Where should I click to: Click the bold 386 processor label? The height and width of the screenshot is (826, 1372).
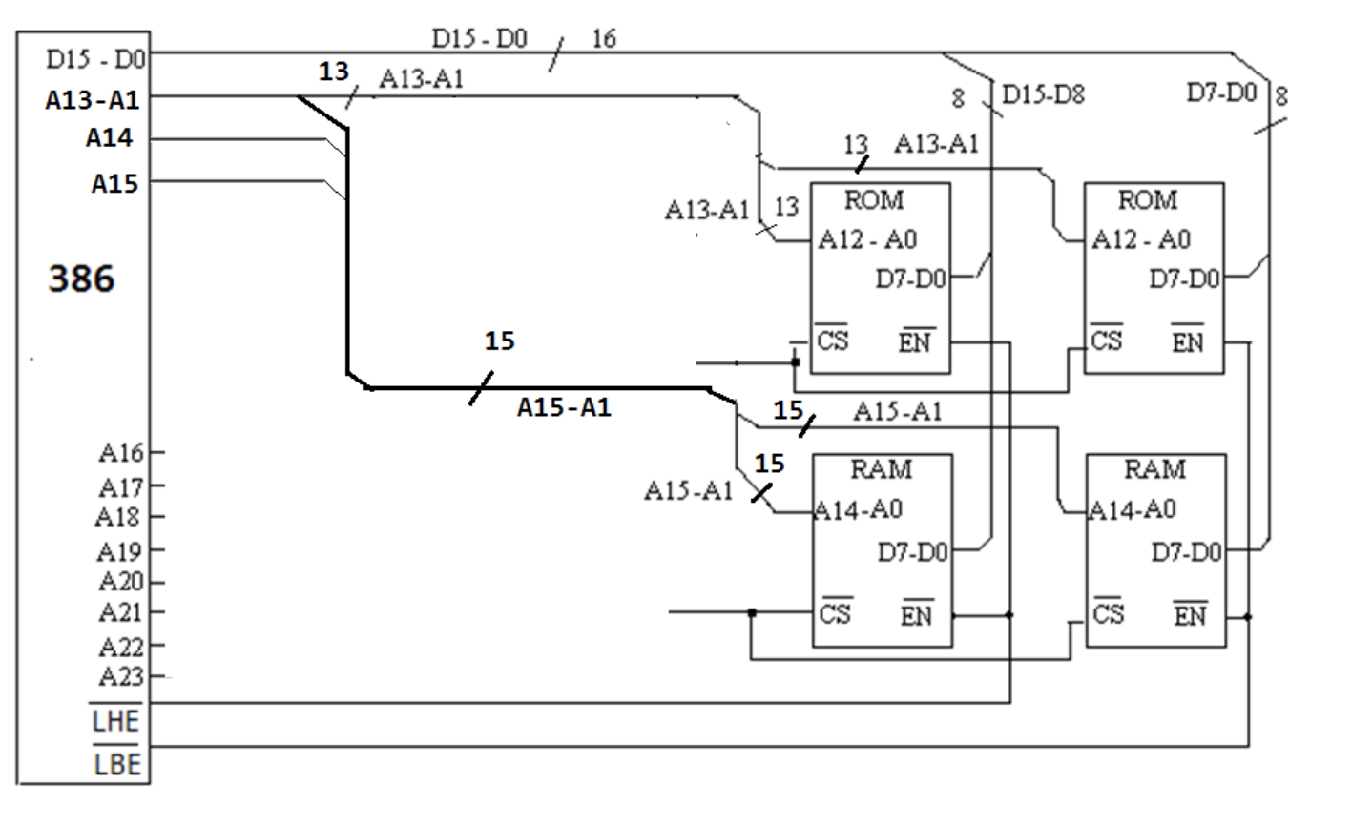(x=81, y=279)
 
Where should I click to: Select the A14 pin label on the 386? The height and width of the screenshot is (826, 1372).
(x=109, y=138)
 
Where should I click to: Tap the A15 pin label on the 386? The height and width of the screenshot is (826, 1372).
(x=114, y=183)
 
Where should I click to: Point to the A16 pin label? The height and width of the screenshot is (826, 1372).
(x=121, y=452)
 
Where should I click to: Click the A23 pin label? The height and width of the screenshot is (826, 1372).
(x=121, y=676)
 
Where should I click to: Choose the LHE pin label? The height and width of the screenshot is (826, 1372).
(x=115, y=721)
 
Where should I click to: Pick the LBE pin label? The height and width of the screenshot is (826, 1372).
(x=117, y=764)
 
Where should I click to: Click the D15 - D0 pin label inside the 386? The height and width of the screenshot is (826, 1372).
(x=95, y=59)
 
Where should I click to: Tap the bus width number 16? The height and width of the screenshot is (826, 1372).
(x=604, y=39)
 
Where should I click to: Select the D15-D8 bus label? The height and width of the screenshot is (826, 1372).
(x=1043, y=94)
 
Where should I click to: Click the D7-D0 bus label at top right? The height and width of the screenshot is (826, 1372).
(x=1221, y=93)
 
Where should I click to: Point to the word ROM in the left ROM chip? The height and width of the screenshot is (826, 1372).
(x=874, y=200)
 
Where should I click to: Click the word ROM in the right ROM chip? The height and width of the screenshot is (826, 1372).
(x=1148, y=200)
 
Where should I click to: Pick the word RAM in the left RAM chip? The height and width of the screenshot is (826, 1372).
(x=881, y=469)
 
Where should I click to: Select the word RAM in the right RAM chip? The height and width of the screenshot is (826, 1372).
(x=1154, y=469)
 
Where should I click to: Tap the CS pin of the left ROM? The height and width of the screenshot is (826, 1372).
(x=832, y=340)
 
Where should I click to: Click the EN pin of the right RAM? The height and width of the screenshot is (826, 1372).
(x=1190, y=615)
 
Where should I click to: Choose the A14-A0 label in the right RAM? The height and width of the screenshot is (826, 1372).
(x=1133, y=510)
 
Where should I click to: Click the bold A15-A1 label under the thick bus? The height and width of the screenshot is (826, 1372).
(x=564, y=407)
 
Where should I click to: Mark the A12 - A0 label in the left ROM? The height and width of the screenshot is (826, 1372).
(x=867, y=239)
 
